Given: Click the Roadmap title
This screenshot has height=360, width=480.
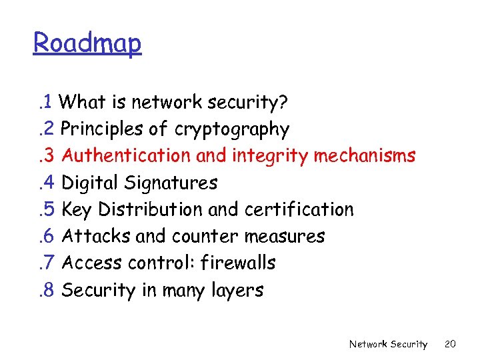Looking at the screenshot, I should click(x=87, y=43).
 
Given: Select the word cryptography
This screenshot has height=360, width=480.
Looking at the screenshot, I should click(x=232, y=129).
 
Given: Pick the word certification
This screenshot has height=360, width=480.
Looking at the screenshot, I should click(x=299, y=209).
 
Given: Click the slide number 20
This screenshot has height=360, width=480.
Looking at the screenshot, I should click(x=450, y=344).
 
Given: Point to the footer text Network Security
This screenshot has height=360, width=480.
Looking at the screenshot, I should click(x=388, y=344).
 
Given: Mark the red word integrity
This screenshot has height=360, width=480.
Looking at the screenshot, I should click(x=269, y=156).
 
